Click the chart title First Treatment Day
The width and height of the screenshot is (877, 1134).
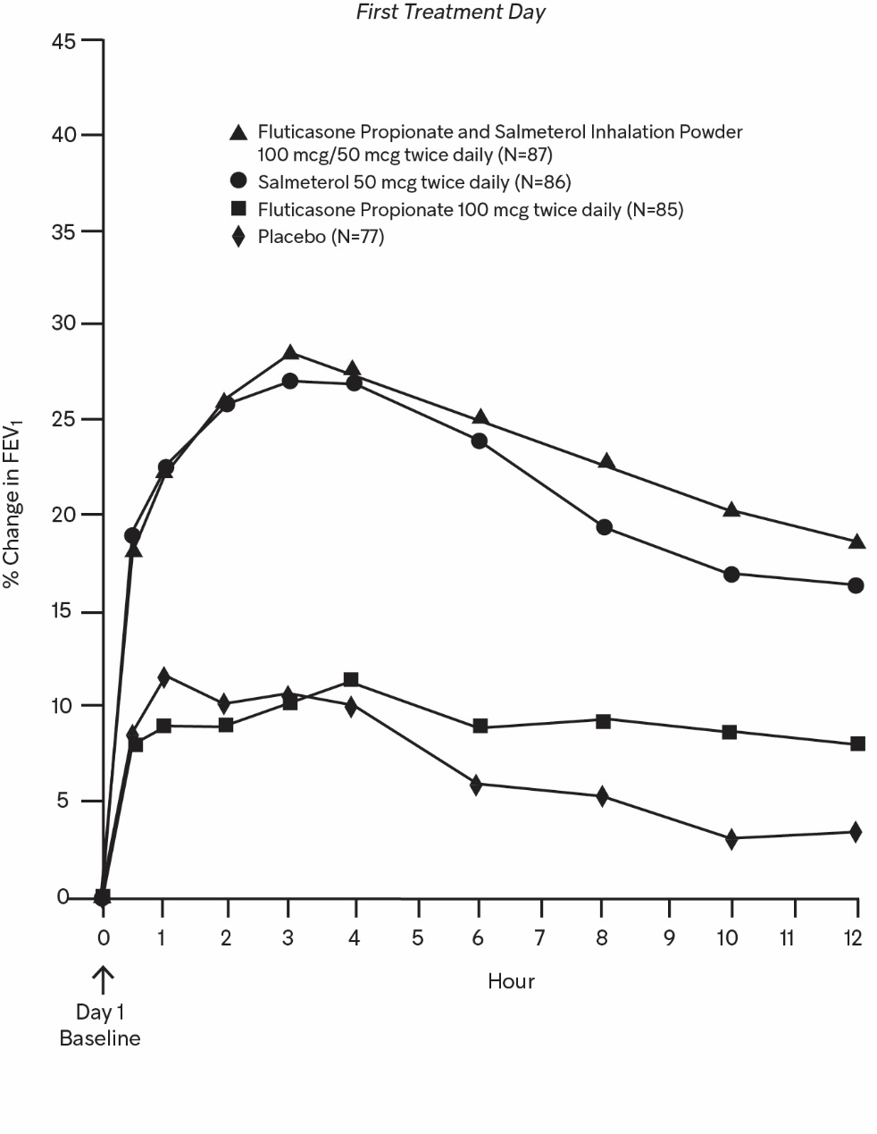click(x=450, y=13)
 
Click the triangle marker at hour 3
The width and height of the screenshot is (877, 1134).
click(x=289, y=352)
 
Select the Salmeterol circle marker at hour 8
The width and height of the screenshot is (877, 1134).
click(x=605, y=527)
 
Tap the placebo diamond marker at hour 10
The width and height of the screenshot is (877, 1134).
click(x=731, y=839)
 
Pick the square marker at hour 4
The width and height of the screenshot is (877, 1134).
click(x=351, y=680)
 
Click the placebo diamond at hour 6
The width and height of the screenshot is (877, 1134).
click(x=476, y=785)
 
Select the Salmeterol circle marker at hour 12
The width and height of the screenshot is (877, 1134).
click(x=856, y=585)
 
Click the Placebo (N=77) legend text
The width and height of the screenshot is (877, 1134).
click(x=321, y=237)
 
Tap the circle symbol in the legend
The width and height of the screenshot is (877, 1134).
click(x=238, y=181)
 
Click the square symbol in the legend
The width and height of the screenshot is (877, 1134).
click(x=238, y=209)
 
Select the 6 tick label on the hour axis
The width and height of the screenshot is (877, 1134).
click(x=478, y=937)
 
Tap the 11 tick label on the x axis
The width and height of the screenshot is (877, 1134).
click(x=787, y=937)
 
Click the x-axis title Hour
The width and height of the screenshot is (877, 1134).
click(x=511, y=981)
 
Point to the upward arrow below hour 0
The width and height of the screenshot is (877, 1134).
click(x=104, y=980)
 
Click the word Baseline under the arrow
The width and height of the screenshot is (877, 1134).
click(x=100, y=1038)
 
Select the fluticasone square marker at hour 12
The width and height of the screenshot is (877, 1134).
click(x=857, y=743)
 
